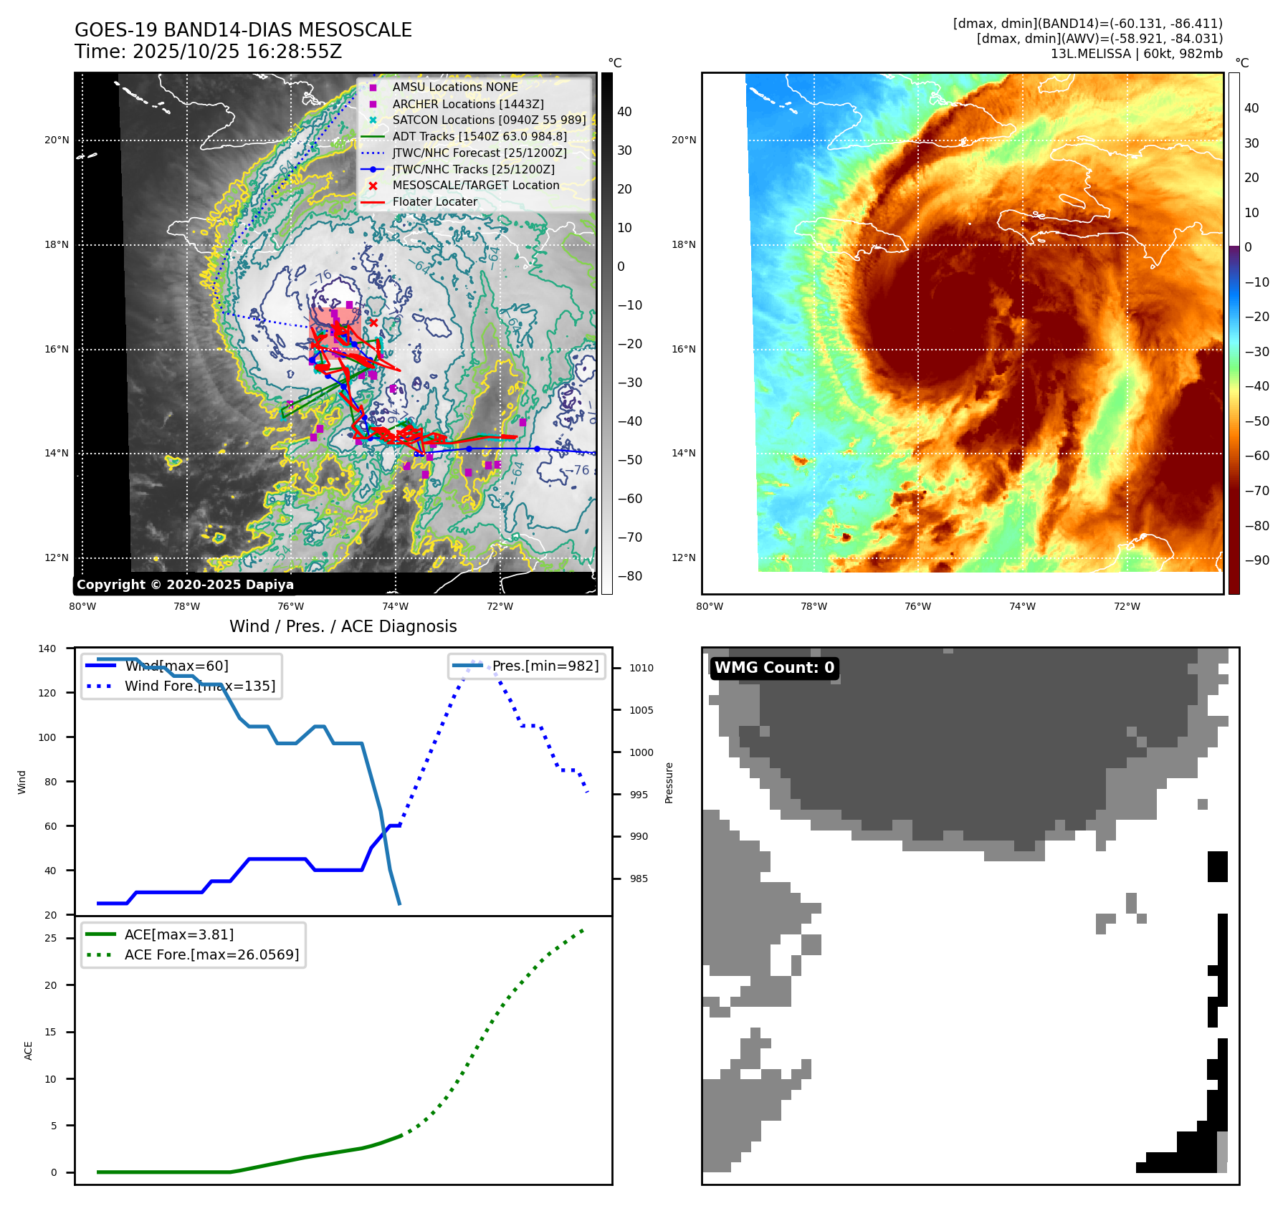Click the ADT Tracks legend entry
pyautogui.click(x=479, y=136)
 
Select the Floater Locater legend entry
pyautogui.click(x=434, y=202)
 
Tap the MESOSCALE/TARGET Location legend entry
pyautogui.click(x=475, y=186)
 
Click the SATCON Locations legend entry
pyautogui.click(x=489, y=120)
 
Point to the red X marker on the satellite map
pyautogui.click(x=373, y=322)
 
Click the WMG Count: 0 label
pyautogui.click(x=774, y=668)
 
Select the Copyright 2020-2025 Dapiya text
pyautogui.click(x=185, y=585)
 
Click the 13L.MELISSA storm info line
pyautogui.click(x=1136, y=54)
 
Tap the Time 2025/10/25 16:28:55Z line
pyautogui.click(x=208, y=52)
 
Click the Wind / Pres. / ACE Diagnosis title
pyautogui.click(x=343, y=626)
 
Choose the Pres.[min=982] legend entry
pyautogui.click(x=545, y=666)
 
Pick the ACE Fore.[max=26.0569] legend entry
pyautogui.click(x=211, y=954)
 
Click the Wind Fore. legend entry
pyautogui.click(x=199, y=686)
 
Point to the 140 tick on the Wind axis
pyautogui.click(x=47, y=648)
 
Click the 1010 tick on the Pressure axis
pyautogui.click(x=641, y=668)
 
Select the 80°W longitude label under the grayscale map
pyautogui.click(x=82, y=606)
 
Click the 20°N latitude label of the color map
pyautogui.click(x=683, y=140)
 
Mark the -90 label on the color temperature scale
pyautogui.click(x=1256, y=560)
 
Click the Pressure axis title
pyautogui.click(x=669, y=782)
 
